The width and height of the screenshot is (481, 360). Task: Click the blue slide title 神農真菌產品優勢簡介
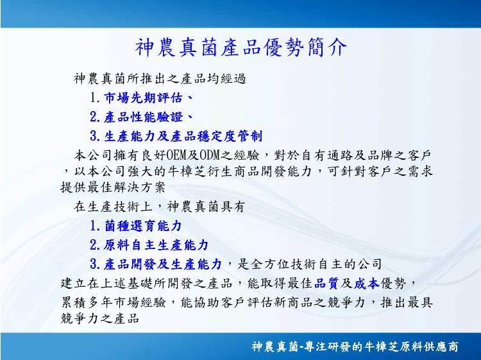click(x=240, y=48)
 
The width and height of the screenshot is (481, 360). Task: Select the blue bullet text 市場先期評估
click(x=143, y=98)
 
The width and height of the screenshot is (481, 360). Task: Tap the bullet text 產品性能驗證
click(x=143, y=117)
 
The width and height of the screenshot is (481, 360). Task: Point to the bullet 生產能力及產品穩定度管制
click(x=183, y=136)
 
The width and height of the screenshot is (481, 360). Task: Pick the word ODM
click(x=210, y=155)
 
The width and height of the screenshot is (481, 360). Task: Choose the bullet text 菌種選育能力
click(x=143, y=226)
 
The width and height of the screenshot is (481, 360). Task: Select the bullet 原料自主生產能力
click(x=156, y=245)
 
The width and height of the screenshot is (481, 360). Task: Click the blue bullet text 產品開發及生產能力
click(x=163, y=264)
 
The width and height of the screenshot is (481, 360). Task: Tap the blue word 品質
click(x=326, y=283)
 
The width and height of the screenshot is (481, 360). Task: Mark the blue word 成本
click(x=367, y=283)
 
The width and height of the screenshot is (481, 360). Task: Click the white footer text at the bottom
click(x=355, y=347)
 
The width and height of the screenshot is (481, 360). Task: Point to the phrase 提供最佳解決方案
click(x=113, y=187)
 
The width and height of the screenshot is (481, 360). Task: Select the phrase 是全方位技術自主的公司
click(x=310, y=264)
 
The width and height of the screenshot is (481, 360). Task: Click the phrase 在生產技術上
click(x=113, y=207)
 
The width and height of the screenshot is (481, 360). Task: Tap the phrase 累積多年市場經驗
click(x=113, y=303)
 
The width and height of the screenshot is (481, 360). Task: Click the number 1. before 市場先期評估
click(x=95, y=98)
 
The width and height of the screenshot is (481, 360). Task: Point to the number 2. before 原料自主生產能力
click(x=95, y=245)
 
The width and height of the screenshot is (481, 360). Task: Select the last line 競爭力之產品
click(x=100, y=318)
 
